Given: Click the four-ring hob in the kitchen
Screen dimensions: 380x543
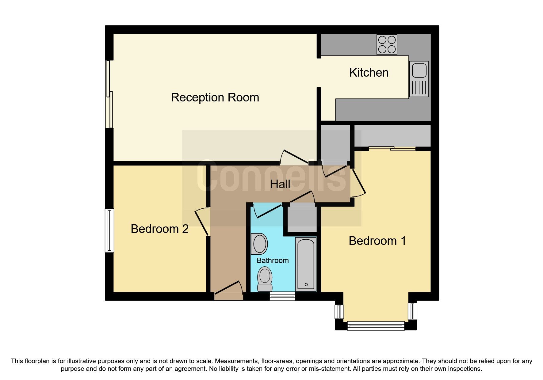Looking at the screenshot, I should click(387, 45).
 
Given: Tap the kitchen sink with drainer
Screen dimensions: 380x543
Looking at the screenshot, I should click(419, 79).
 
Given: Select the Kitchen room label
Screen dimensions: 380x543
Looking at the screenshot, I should click(369, 73).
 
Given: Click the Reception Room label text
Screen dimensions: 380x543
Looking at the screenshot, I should click(215, 97).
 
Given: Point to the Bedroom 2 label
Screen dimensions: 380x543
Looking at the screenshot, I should click(159, 229).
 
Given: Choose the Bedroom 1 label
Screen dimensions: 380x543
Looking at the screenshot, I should click(377, 241).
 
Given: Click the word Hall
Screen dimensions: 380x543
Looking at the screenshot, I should click(280, 184).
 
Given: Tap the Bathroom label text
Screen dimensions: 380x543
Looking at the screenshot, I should click(273, 260).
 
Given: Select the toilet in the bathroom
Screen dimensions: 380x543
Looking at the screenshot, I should click(265, 279).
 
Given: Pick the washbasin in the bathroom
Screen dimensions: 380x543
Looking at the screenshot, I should click(259, 244).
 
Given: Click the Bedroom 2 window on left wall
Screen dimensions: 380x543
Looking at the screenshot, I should click(109, 230).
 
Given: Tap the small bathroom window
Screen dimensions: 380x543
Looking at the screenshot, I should click(282, 296).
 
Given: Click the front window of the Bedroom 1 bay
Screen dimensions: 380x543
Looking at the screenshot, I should click(376, 325).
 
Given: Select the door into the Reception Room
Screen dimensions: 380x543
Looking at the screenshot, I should click(294, 157).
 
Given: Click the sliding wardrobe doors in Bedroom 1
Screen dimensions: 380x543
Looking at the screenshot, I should click(392, 149).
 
